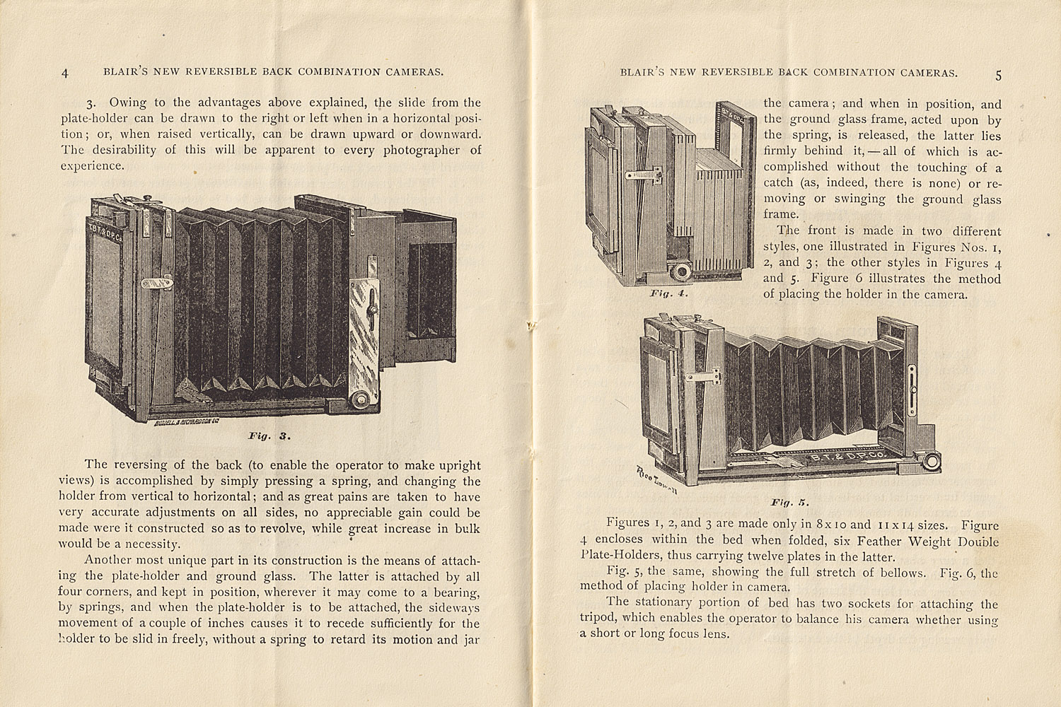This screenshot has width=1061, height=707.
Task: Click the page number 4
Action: point(65,73)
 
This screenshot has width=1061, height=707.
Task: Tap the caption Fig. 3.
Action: point(269,436)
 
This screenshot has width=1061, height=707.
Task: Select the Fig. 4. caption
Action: point(668,292)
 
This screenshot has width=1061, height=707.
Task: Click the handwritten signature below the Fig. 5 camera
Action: point(655,481)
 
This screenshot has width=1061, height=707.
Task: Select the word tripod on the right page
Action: point(597,619)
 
